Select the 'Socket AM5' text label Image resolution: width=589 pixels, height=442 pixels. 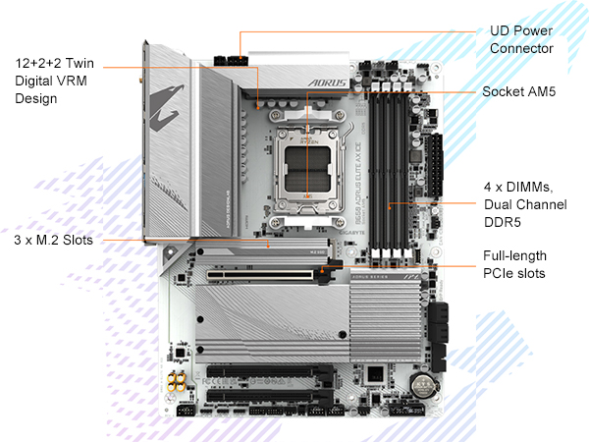point(519,91)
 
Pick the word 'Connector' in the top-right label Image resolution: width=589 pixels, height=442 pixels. point(521,49)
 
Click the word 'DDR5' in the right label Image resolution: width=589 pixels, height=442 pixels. point(503,221)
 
